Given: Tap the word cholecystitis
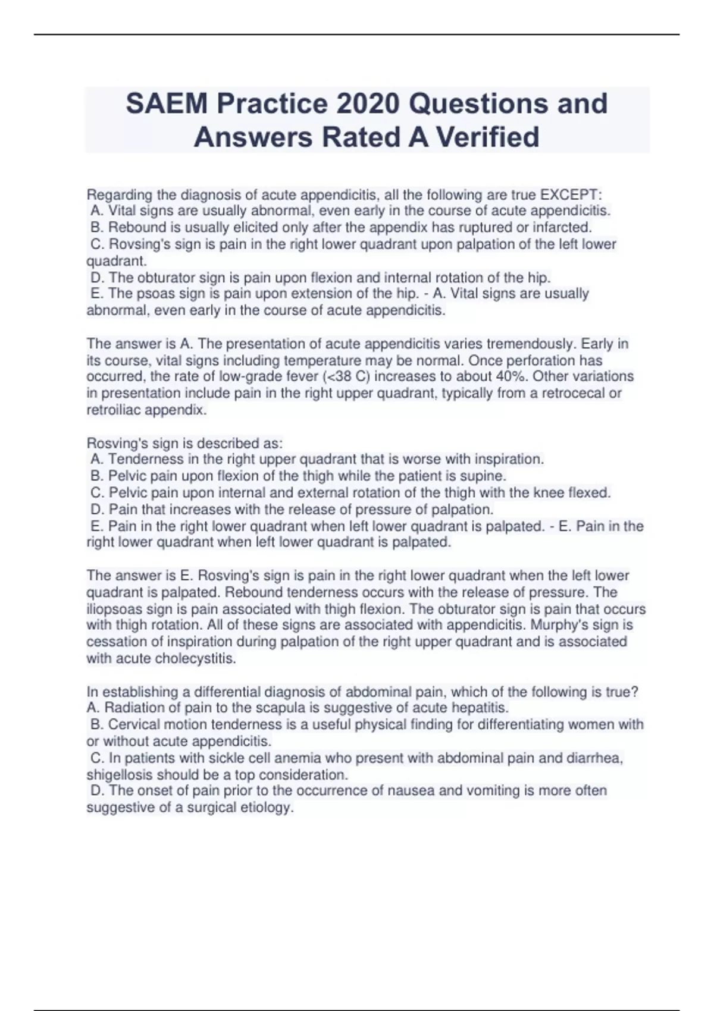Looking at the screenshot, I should (x=195, y=658).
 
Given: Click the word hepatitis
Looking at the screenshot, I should (x=481, y=708).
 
